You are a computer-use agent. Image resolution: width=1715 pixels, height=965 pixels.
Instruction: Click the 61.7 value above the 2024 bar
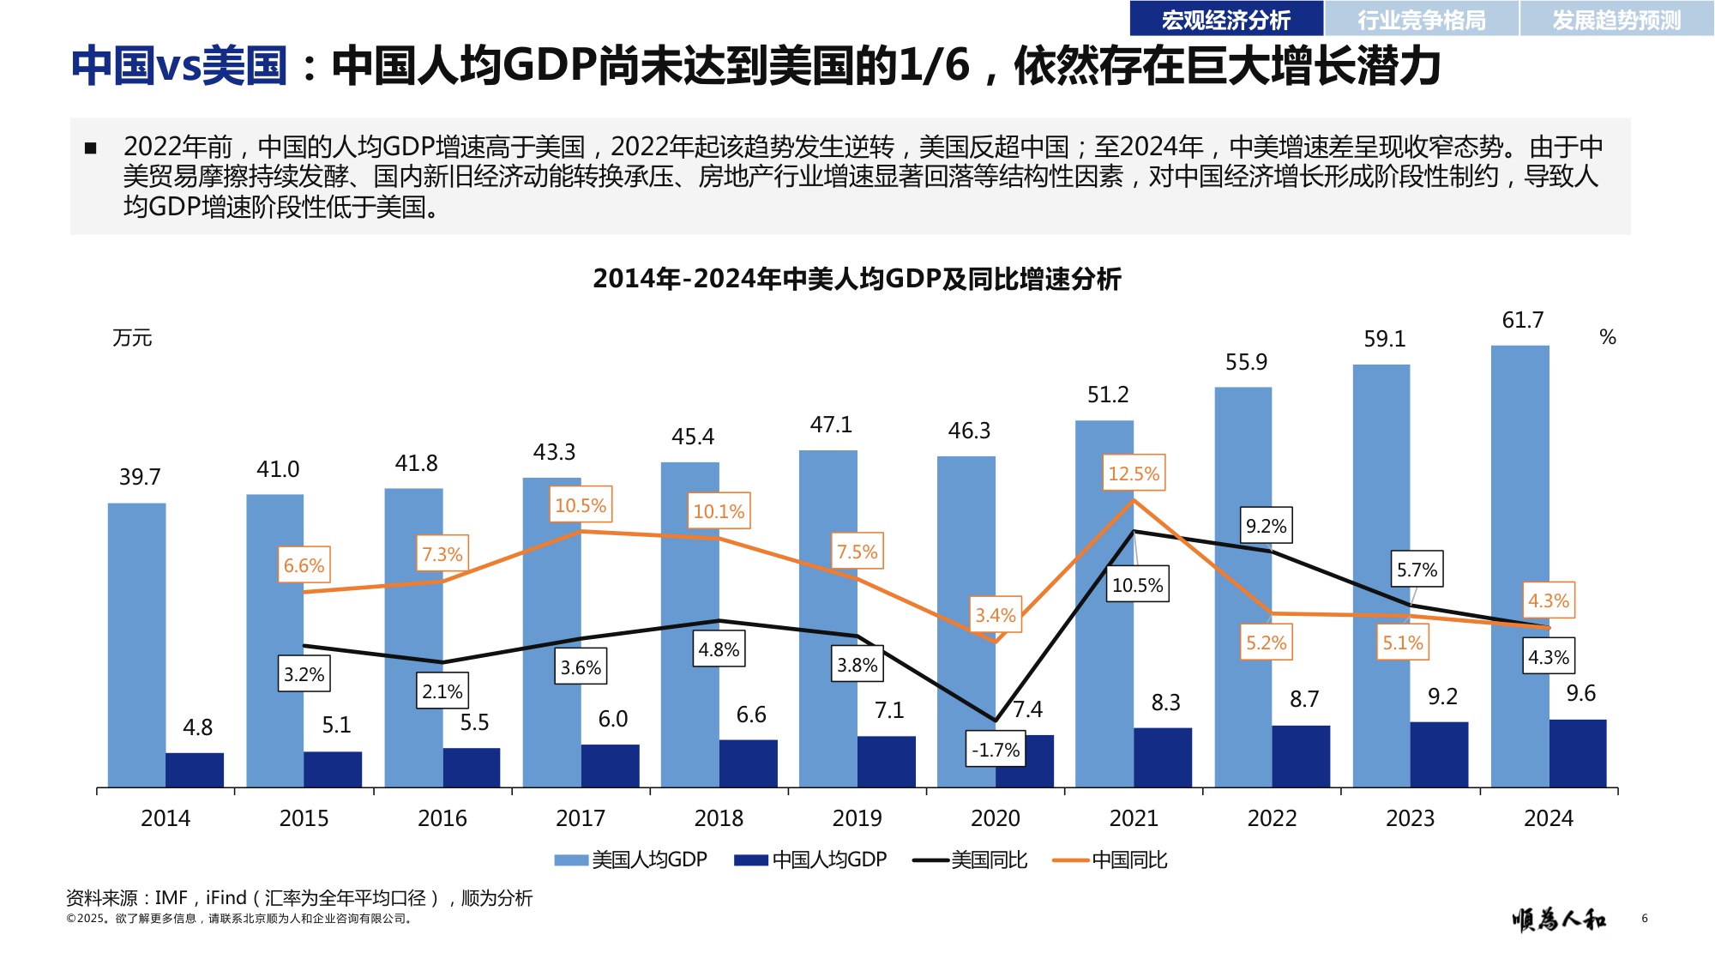[x=1522, y=321]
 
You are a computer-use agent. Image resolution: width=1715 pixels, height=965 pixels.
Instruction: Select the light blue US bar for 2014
[x=136, y=643]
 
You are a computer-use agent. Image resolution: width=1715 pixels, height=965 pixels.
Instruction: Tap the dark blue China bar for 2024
[x=1578, y=753]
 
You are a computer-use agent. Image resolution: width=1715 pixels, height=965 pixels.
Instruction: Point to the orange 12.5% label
[x=1133, y=473]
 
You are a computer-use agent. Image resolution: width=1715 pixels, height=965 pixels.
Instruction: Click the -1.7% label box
[x=995, y=750]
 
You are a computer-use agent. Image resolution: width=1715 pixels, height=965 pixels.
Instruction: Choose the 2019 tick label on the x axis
[x=857, y=818]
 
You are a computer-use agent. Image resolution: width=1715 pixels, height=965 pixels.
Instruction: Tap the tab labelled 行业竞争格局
[x=1421, y=20]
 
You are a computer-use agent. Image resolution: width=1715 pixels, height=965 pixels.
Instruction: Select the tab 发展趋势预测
[x=1616, y=20]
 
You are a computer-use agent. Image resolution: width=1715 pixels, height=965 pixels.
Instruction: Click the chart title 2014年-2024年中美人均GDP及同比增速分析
[x=857, y=279]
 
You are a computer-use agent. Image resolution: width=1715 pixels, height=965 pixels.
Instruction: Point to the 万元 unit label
[x=132, y=338]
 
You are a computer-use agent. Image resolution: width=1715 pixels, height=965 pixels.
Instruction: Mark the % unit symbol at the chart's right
[x=1607, y=337]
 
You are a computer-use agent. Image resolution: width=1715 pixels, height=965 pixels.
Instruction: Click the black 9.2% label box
[x=1266, y=526]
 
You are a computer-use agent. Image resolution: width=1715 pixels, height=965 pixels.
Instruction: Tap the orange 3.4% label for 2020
[x=995, y=615]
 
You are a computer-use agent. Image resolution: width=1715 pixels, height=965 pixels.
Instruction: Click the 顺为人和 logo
[x=1558, y=920]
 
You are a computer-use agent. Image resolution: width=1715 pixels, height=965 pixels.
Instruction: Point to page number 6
[x=1644, y=918]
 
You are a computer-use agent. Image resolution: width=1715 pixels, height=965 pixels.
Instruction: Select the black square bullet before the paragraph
[x=91, y=148]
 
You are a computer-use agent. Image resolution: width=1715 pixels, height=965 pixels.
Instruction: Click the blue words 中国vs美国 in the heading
[x=178, y=66]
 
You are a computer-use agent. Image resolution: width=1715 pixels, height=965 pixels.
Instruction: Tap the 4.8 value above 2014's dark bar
[x=197, y=727]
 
